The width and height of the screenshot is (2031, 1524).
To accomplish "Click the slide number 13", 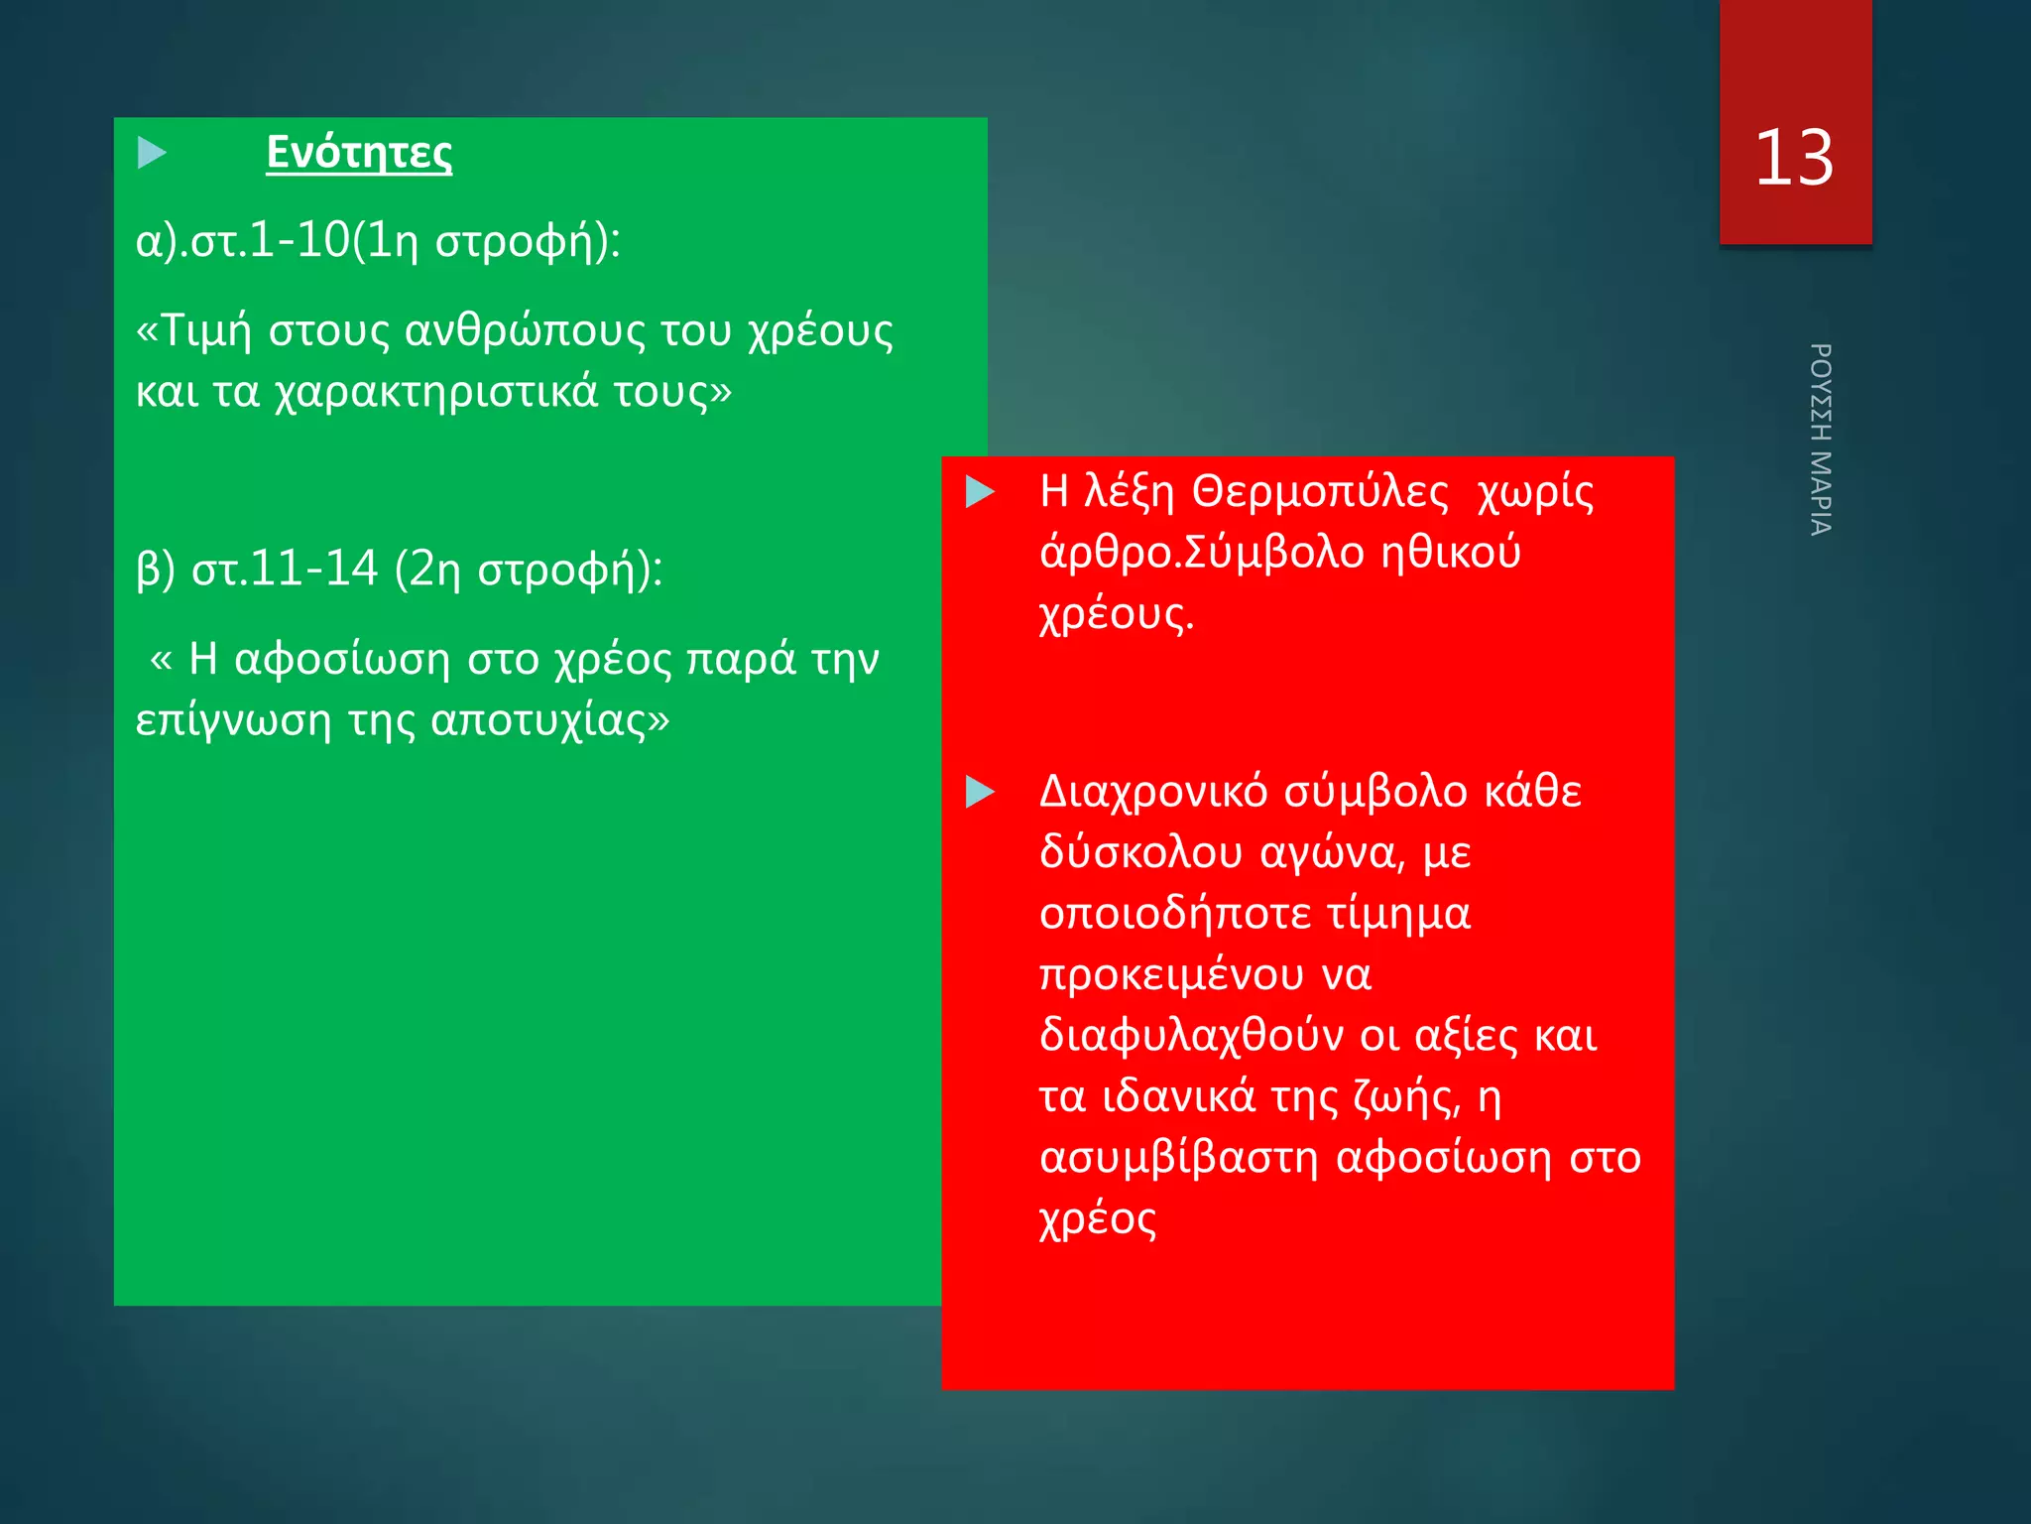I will click(1794, 158).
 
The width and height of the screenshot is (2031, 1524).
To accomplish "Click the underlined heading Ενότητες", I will click(359, 153).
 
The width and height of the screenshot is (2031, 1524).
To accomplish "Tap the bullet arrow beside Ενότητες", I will click(152, 153).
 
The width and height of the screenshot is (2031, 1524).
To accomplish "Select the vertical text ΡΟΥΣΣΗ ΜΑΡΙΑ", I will click(1820, 440).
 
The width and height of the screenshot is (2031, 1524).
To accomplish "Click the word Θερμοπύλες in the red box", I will click(1320, 492).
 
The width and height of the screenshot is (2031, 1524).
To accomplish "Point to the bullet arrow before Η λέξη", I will click(980, 491).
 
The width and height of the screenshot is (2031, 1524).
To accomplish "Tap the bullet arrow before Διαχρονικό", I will click(980, 792).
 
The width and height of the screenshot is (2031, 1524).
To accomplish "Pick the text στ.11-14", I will click(285, 569).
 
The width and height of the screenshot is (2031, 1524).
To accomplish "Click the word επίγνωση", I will click(232, 720).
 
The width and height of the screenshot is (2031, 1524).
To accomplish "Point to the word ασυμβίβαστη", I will click(1179, 1158).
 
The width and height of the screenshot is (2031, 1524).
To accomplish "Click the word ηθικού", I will click(1451, 553).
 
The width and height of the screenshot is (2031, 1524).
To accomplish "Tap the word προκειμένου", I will click(1171, 975).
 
